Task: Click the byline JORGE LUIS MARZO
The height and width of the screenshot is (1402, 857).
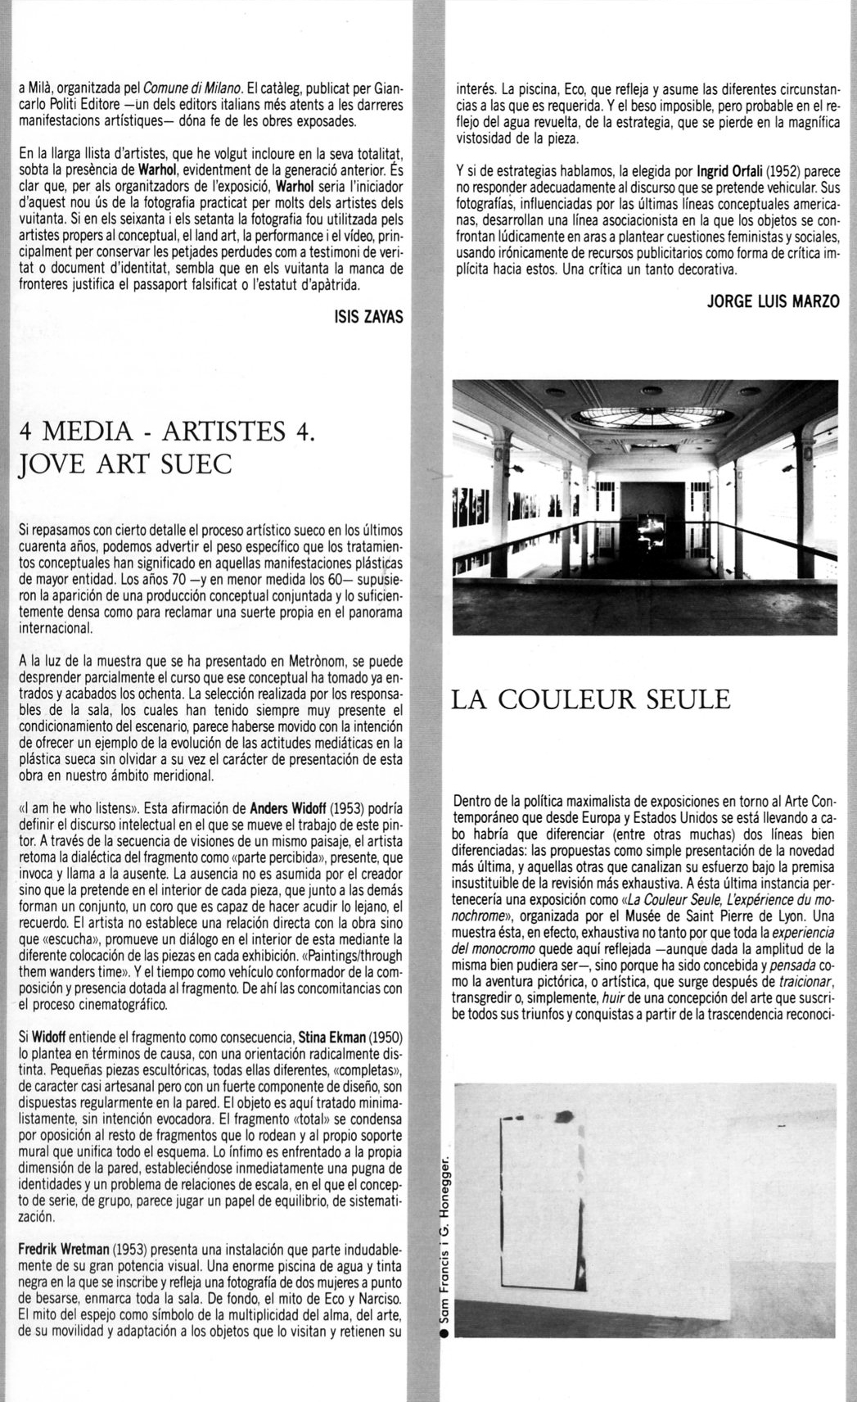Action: [x=773, y=301]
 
